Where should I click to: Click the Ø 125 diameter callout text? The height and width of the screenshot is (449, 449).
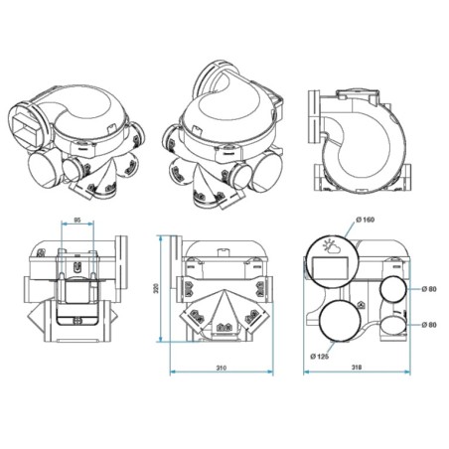click(319, 355)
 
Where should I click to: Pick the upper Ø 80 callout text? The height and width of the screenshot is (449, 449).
click(428, 289)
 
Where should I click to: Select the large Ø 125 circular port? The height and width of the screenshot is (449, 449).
click(342, 323)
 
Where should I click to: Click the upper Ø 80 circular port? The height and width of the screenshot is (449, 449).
click(392, 290)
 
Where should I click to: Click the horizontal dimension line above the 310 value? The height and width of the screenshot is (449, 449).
click(222, 374)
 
